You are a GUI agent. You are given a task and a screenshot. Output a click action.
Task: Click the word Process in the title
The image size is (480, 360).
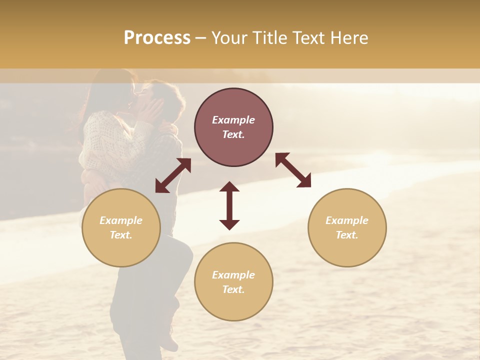point(157,38)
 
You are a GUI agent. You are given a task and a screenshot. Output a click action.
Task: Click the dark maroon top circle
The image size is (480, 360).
point(233,127)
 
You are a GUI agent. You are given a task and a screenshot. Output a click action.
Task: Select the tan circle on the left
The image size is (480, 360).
point(121,227)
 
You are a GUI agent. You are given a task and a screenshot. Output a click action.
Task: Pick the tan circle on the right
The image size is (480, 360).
point(347,227)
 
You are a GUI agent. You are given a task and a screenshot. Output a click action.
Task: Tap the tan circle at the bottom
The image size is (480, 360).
point(233,282)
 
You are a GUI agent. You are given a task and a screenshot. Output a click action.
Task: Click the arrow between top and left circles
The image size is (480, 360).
point(173,175)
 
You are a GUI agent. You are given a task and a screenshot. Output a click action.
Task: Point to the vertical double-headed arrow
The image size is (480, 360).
point(229,205)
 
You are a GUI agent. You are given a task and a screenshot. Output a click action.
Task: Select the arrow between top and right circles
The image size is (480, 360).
point(293,170)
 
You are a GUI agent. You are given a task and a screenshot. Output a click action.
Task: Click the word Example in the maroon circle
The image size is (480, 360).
point(233,120)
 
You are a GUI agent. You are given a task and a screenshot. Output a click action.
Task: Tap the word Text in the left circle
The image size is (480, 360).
point(120,235)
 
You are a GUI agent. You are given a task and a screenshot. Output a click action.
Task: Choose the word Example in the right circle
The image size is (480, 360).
point(347,220)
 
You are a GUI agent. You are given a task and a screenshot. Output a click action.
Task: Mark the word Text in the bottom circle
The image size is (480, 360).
point(232,289)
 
